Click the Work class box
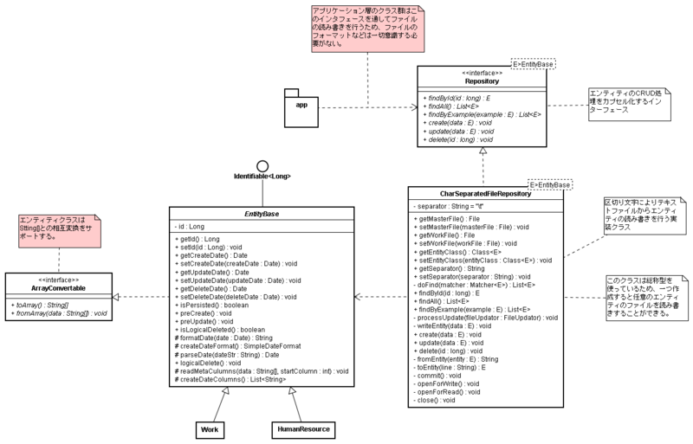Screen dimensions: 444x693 point(210,428)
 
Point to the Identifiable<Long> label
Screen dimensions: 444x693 point(262,177)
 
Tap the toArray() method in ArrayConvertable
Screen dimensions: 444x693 point(41,304)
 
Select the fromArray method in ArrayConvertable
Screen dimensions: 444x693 point(56,312)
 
